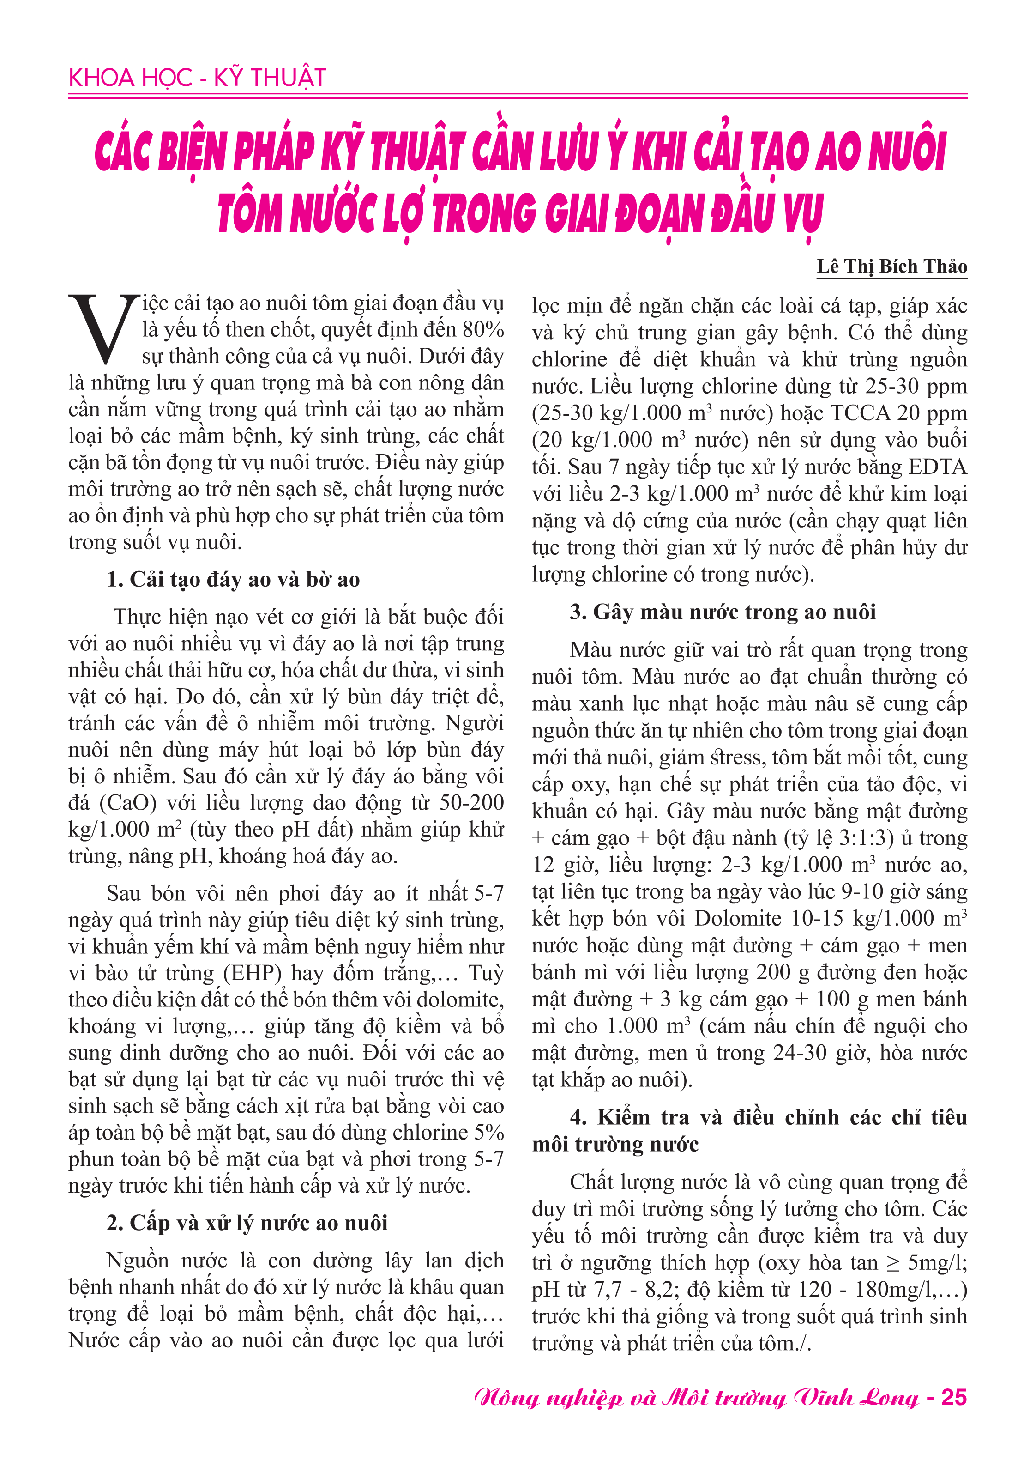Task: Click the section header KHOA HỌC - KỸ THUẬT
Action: point(198,78)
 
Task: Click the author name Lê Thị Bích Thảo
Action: point(891,266)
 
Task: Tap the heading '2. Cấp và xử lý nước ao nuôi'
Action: point(247,1223)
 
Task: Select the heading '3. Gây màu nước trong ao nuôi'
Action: point(723,612)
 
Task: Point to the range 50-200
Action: point(471,803)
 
